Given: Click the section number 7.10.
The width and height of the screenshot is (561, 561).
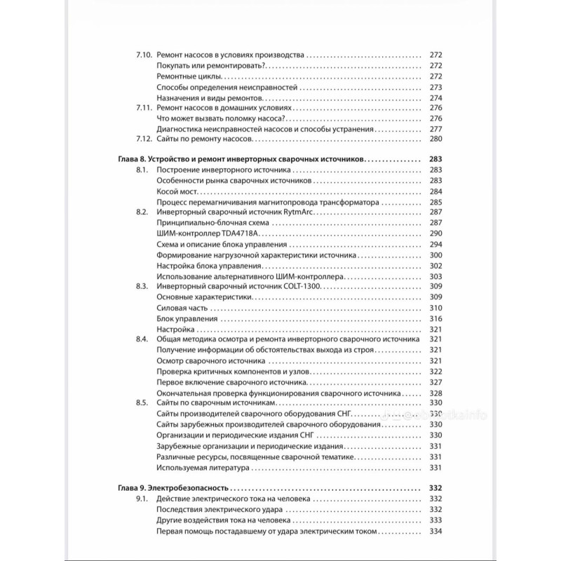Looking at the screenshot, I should click(x=144, y=55).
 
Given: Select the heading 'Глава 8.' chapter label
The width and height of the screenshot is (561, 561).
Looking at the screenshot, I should click(x=129, y=160).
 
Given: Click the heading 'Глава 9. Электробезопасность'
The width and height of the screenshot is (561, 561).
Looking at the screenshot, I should click(x=171, y=487).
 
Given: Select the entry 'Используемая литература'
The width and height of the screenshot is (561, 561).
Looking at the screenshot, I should click(x=203, y=468).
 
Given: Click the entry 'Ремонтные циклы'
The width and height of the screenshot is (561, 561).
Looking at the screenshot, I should click(x=190, y=76).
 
